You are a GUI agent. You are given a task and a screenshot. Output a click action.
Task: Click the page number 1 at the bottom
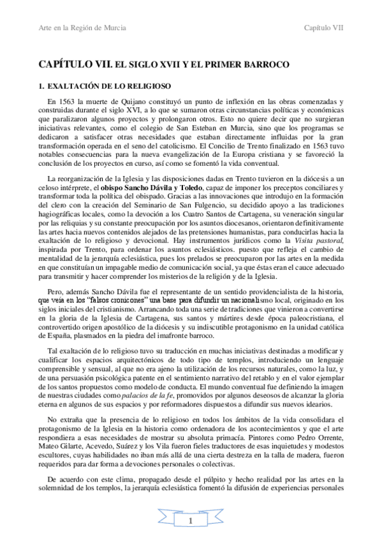coord(191,521)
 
